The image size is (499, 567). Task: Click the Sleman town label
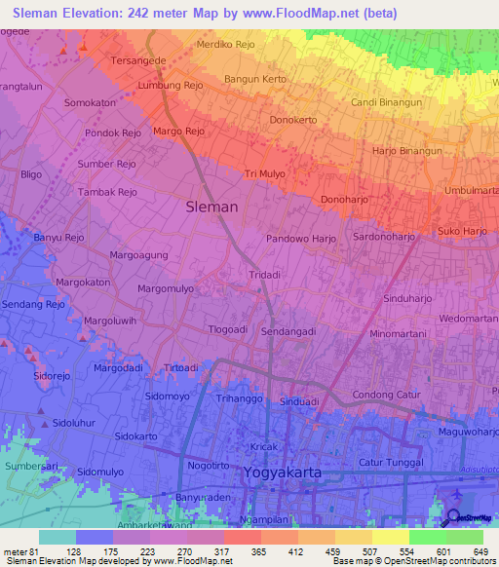click(211, 207)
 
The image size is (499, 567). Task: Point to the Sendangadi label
click(288, 331)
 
